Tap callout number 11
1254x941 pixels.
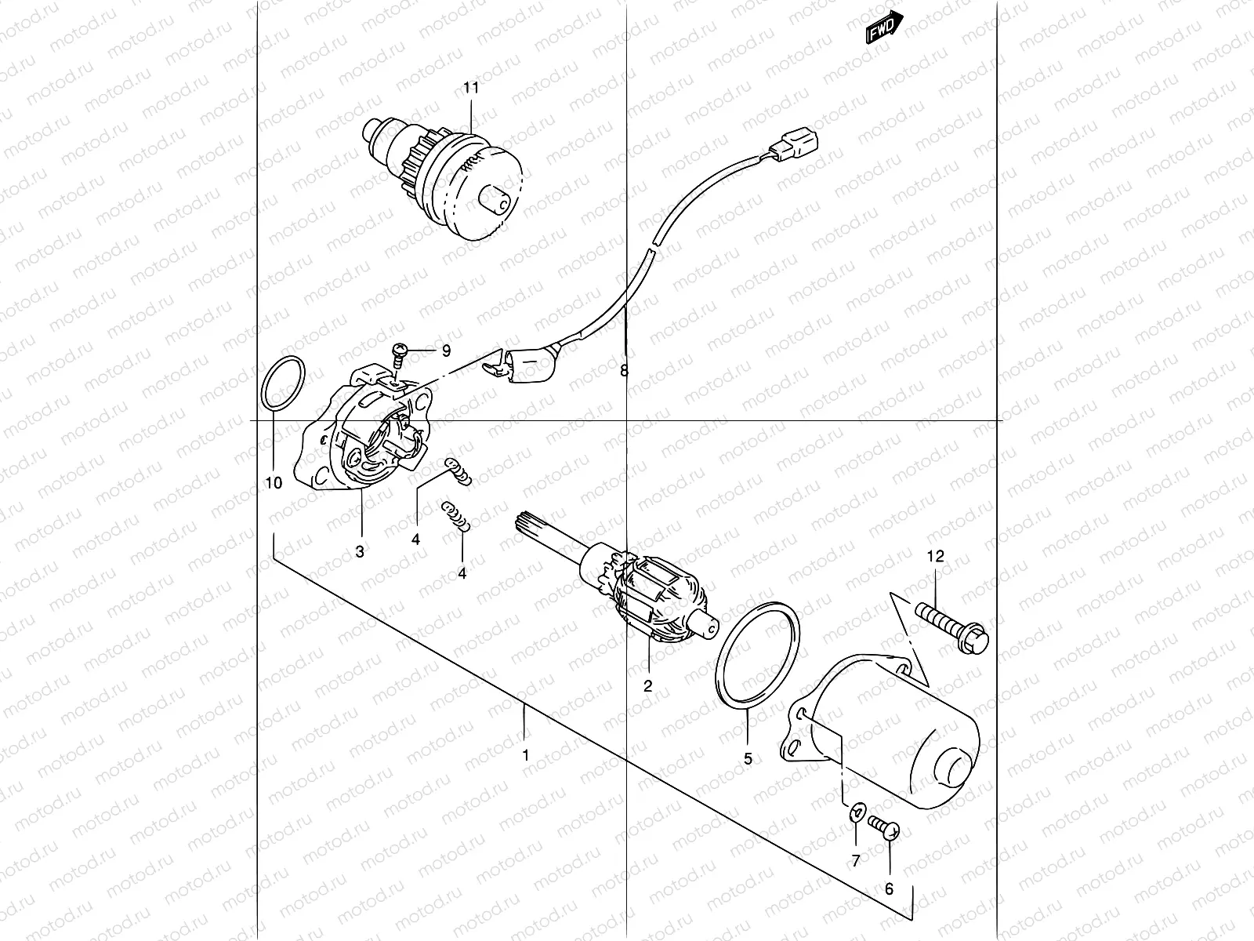pyautogui.click(x=470, y=88)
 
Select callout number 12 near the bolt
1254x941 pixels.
pyautogui.click(x=936, y=556)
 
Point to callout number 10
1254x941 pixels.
pyautogui.click(x=274, y=483)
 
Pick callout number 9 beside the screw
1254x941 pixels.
pyautogui.click(x=446, y=351)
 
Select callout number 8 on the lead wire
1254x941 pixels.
pyautogui.click(x=624, y=371)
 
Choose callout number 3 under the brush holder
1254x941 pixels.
pyautogui.click(x=360, y=551)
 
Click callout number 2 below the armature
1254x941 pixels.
pyautogui.click(x=648, y=685)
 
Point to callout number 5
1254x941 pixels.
pyautogui.click(x=748, y=758)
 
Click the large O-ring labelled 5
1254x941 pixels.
pyautogui.click(x=759, y=652)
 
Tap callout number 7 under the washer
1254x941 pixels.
pyautogui.click(x=856, y=860)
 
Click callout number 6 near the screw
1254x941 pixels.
pyautogui.click(x=890, y=889)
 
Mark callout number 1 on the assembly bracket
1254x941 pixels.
pyautogui.click(x=526, y=755)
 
